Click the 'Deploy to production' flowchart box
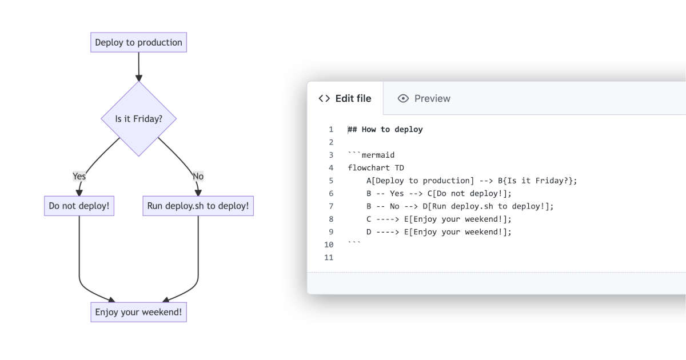(138, 42)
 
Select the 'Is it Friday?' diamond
(138, 119)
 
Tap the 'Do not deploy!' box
(79, 206)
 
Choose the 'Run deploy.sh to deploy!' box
(198, 206)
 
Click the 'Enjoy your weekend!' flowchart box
(138, 313)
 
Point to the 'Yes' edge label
(79, 176)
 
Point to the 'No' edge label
(198, 176)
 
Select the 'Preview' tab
(432, 98)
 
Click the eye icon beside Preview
(404, 98)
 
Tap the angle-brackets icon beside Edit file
(324, 98)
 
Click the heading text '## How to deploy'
(385, 130)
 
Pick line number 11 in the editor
(329, 258)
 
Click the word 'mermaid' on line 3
(378, 155)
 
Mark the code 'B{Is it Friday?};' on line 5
(537, 181)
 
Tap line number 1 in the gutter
(331, 130)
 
